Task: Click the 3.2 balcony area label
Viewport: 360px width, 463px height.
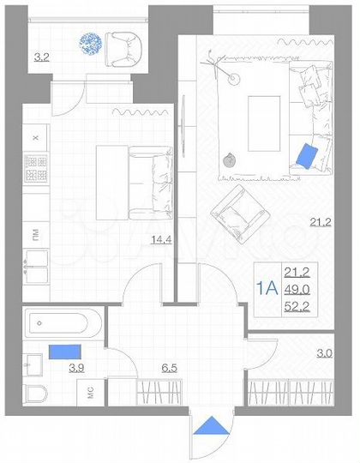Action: [x=41, y=58]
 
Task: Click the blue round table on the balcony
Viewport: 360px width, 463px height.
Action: [x=90, y=44]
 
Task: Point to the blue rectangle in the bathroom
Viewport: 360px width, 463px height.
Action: [x=66, y=352]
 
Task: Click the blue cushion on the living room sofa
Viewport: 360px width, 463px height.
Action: [x=306, y=155]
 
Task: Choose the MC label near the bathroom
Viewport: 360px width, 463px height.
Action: [x=89, y=393]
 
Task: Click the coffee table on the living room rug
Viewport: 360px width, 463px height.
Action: [x=264, y=120]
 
